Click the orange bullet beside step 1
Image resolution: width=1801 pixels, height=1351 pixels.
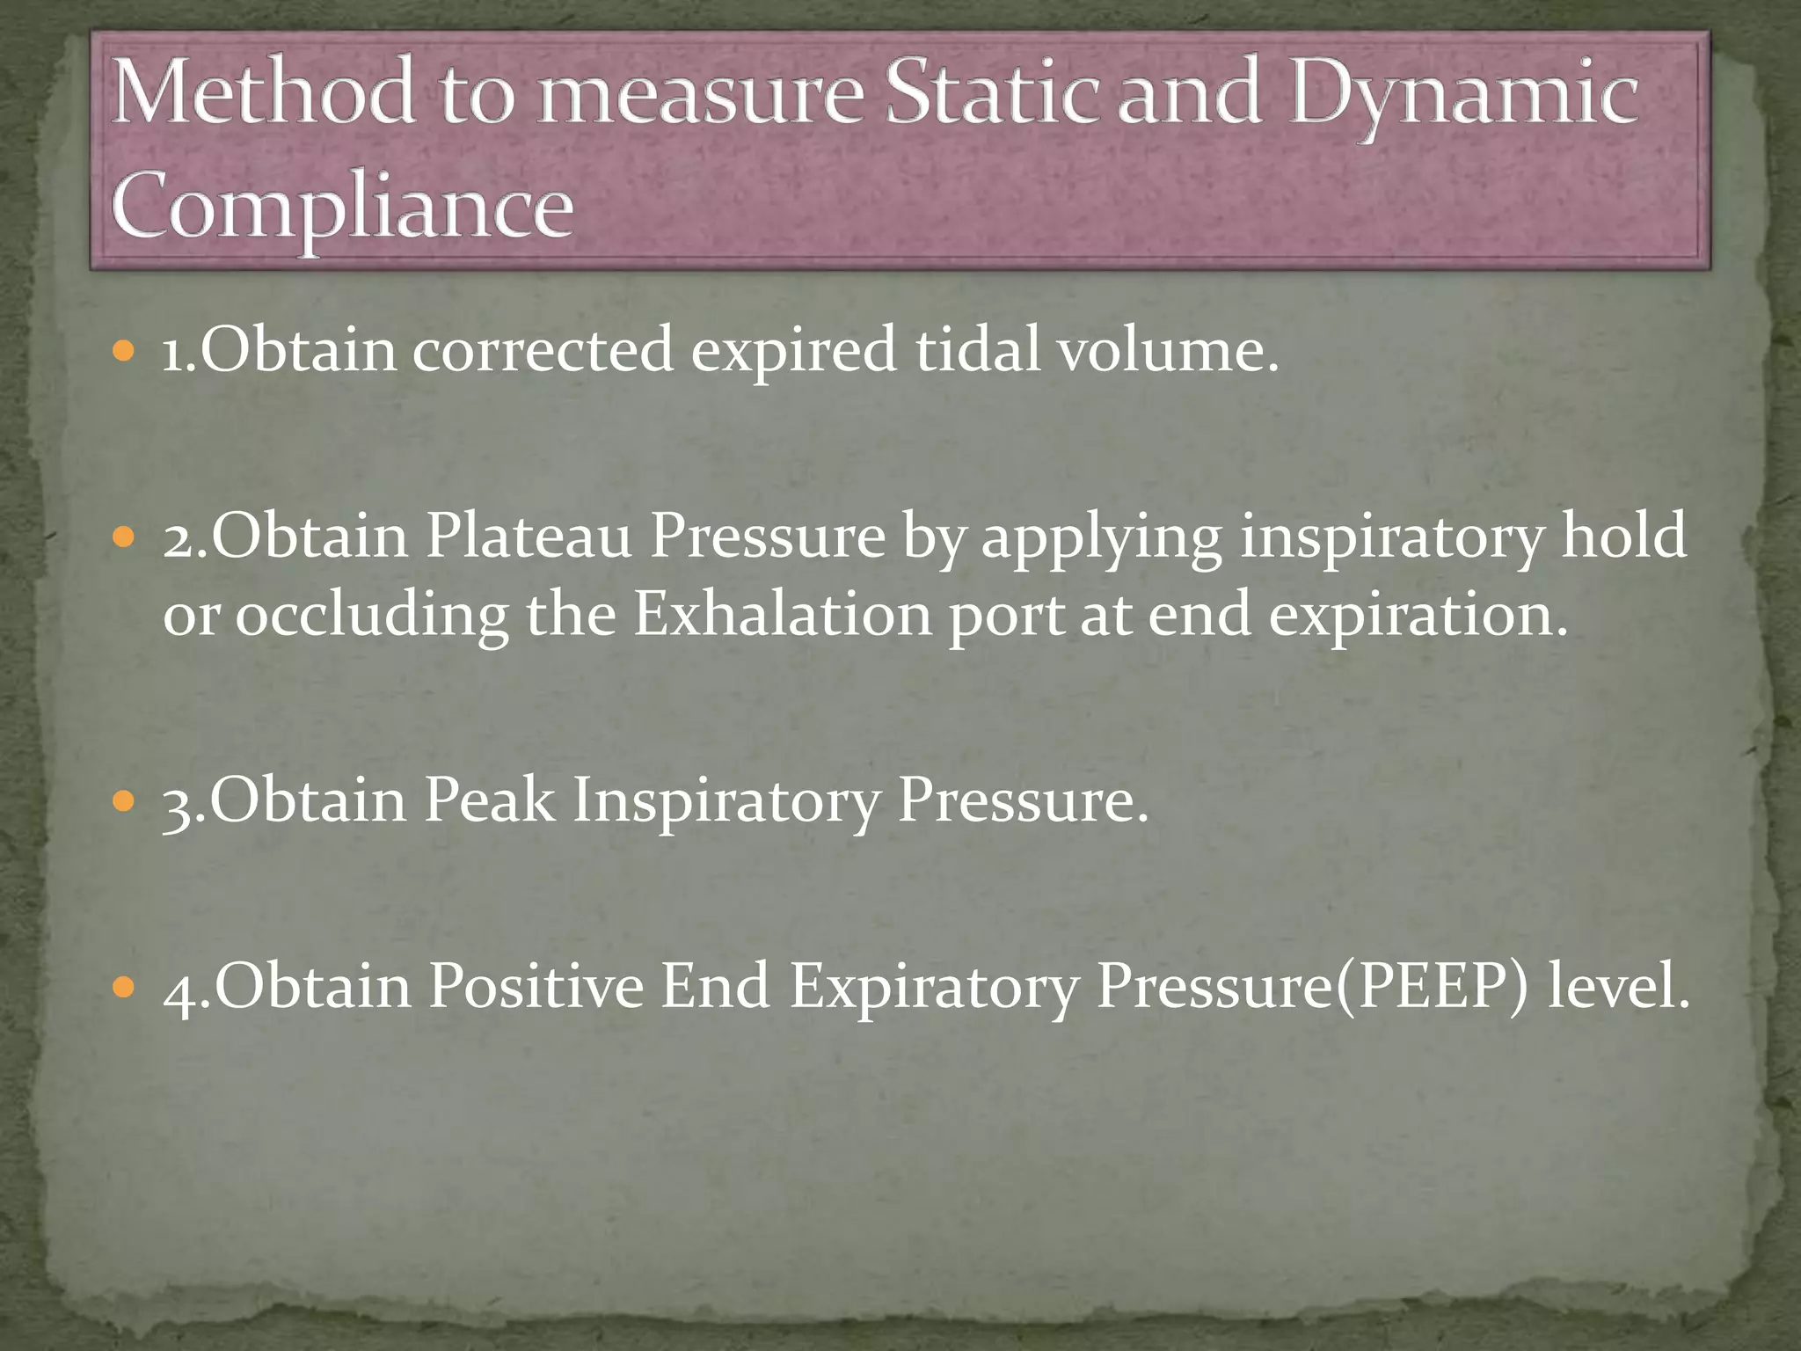point(124,352)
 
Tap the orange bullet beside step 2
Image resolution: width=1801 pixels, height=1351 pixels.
point(124,537)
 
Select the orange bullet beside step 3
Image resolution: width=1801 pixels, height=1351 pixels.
point(124,801)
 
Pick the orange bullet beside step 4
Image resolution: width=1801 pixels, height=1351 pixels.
point(124,987)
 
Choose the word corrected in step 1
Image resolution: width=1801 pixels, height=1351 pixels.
point(543,350)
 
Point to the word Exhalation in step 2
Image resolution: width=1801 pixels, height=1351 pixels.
point(782,614)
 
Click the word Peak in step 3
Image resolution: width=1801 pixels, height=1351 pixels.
point(489,800)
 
